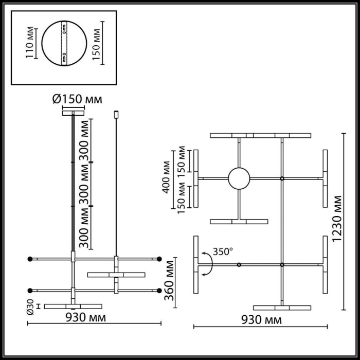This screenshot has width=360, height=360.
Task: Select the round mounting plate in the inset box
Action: pos(64,43)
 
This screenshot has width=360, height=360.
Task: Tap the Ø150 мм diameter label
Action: pos(77,99)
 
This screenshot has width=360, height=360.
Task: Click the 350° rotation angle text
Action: pos(223,251)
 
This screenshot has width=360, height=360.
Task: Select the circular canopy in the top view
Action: pos(239,178)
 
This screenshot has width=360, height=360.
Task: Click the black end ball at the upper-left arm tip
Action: pos(30,258)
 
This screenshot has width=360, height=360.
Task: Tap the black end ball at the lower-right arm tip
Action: pos(160,290)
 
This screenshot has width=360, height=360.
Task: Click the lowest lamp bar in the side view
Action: pos(66,307)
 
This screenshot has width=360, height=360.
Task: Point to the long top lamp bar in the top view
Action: pos(260,136)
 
